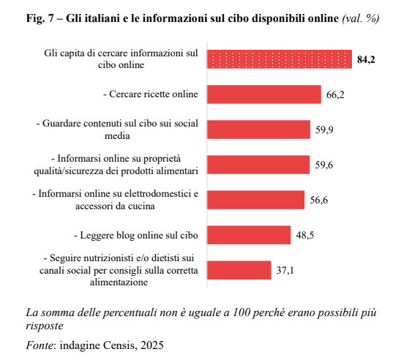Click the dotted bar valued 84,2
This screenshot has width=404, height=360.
point(280,59)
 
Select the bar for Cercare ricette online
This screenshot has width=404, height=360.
point(264,94)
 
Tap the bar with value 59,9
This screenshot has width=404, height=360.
point(258,130)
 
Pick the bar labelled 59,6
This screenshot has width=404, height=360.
point(258,165)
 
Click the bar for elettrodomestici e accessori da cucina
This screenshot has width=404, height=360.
point(256,200)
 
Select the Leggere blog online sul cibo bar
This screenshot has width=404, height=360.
point(249,235)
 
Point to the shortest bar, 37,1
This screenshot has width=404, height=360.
point(239,270)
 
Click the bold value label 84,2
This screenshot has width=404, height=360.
point(366,60)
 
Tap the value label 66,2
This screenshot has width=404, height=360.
point(335,95)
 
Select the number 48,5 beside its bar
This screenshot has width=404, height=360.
point(304,236)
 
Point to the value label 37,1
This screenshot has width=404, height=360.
point(285,271)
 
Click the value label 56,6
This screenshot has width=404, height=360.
point(318,200)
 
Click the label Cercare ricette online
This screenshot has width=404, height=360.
point(151,94)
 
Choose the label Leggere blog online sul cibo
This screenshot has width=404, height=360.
point(136,235)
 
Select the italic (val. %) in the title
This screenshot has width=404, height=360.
point(361,18)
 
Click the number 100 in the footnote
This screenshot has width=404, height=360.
point(242,312)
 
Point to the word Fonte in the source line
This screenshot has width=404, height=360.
point(40,345)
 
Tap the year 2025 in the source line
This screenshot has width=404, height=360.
point(152,345)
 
